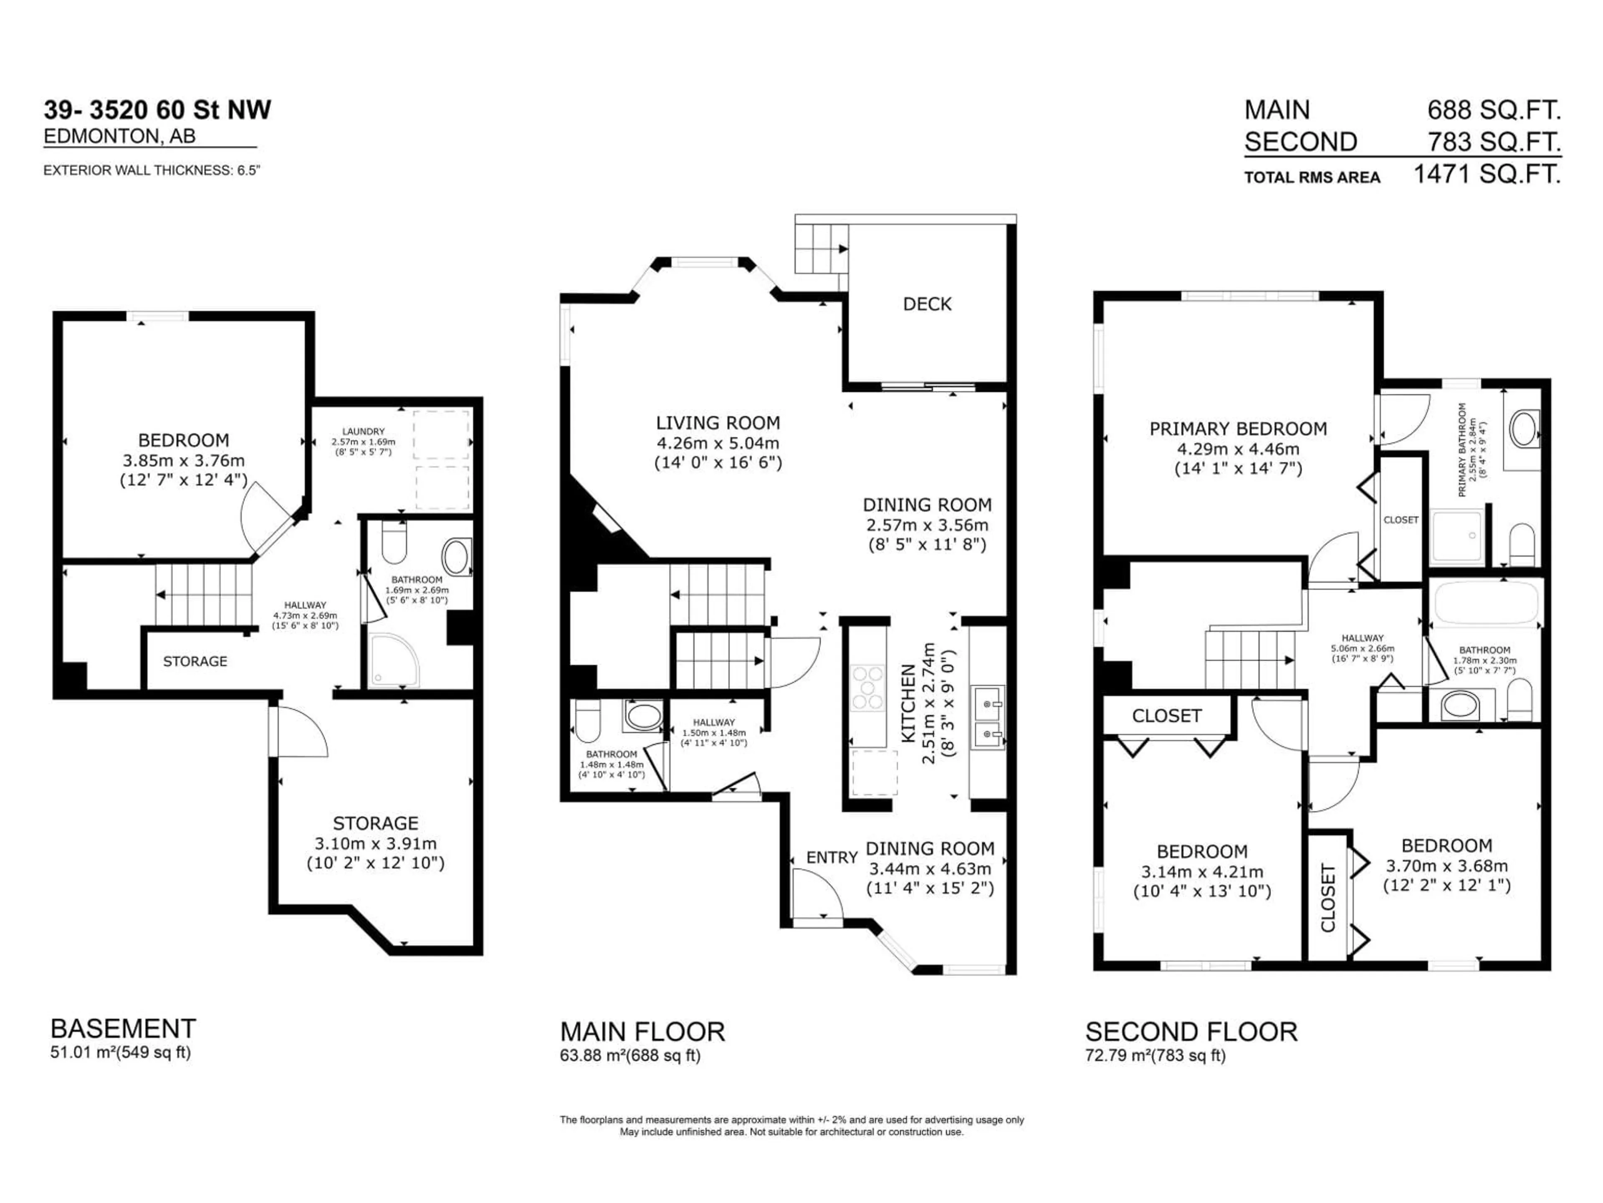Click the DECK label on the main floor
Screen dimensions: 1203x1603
point(927,304)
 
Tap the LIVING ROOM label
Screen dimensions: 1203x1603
point(718,423)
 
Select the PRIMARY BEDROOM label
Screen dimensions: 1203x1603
point(1238,429)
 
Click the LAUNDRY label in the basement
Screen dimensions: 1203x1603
point(363,431)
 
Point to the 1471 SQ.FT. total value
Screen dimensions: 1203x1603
point(1487,174)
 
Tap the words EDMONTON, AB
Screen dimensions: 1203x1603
point(119,136)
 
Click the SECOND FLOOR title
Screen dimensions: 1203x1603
point(1191,1031)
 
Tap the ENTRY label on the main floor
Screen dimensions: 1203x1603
point(831,857)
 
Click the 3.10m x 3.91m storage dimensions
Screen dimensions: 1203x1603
point(375,843)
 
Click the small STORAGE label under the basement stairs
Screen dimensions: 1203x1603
point(195,661)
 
